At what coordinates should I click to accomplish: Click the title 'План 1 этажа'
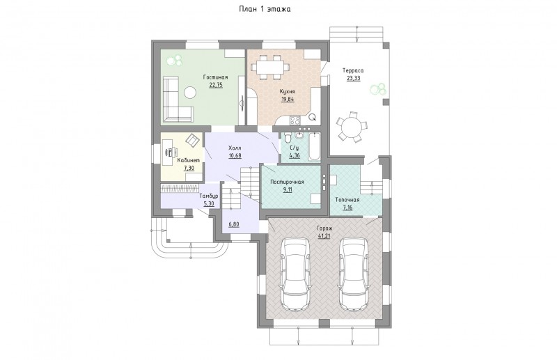pyautogui.click(x=265, y=9)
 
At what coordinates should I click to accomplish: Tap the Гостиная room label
pyautogui.click(x=215, y=77)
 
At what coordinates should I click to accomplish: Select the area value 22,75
pyautogui.click(x=216, y=85)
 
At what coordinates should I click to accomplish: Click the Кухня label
pyautogui.click(x=288, y=91)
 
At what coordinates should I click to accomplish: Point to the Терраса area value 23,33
pyautogui.click(x=354, y=78)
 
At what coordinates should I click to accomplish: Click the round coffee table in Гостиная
pyautogui.click(x=190, y=93)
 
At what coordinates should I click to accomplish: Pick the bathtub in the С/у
pyautogui.click(x=315, y=147)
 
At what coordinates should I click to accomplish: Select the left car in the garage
pyautogui.click(x=295, y=274)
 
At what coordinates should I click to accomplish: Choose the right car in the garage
pyautogui.click(x=354, y=274)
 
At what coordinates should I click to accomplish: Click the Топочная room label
pyautogui.click(x=347, y=200)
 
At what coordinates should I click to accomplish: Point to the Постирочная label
pyautogui.click(x=287, y=182)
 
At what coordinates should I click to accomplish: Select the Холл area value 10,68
pyautogui.click(x=235, y=156)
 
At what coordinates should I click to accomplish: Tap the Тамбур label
pyautogui.click(x=208, y=196)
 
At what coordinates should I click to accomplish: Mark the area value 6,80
pyautogui.click(x=234, y=225)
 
